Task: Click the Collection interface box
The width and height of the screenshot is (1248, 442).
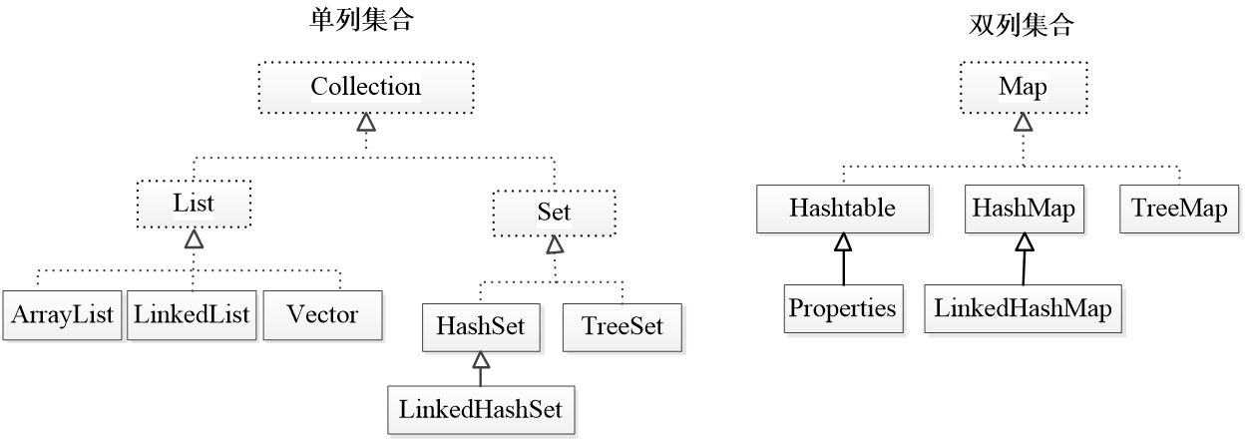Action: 366,88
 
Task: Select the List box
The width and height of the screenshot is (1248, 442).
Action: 194,204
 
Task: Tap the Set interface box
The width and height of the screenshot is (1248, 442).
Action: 555,213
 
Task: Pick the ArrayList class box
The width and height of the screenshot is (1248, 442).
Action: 62,315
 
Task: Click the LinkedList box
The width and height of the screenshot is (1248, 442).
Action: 192,315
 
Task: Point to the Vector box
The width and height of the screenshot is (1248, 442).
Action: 322,315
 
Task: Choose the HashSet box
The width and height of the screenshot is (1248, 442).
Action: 481,327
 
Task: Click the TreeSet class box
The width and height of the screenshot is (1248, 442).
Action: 622,327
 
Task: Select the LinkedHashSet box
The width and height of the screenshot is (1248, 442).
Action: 481,410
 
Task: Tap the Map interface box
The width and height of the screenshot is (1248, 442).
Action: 1024,88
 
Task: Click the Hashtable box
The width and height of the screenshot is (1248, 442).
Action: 842,209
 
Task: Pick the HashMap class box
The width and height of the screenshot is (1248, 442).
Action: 1024,209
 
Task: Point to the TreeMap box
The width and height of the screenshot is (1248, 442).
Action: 1179,209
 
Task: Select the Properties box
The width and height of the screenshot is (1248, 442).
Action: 843,308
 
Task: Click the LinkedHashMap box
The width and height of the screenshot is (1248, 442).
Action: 1023,308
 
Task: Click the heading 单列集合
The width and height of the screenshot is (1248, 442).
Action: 362,20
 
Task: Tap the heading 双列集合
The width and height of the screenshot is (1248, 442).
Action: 1022,25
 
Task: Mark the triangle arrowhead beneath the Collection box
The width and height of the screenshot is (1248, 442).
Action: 366,122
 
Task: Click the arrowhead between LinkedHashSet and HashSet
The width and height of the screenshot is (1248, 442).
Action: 481,360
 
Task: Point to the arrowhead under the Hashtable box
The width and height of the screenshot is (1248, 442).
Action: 843,241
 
